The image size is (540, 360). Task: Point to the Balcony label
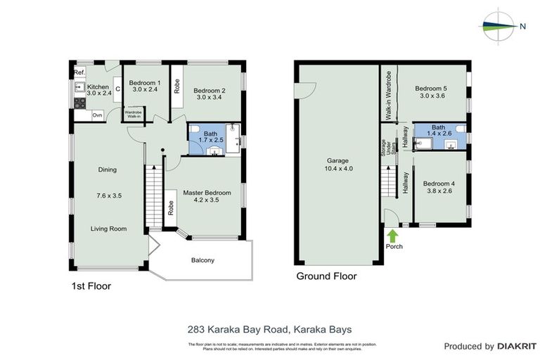202,260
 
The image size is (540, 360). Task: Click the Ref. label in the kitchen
79,73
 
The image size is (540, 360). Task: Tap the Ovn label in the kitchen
97,115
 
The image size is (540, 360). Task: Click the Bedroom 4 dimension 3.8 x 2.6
439,194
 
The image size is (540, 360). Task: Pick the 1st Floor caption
91,286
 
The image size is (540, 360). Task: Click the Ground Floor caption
326,276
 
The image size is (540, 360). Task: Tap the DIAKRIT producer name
517,346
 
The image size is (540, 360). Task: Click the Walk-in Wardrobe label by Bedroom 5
387,96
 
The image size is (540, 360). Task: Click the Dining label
108,169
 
